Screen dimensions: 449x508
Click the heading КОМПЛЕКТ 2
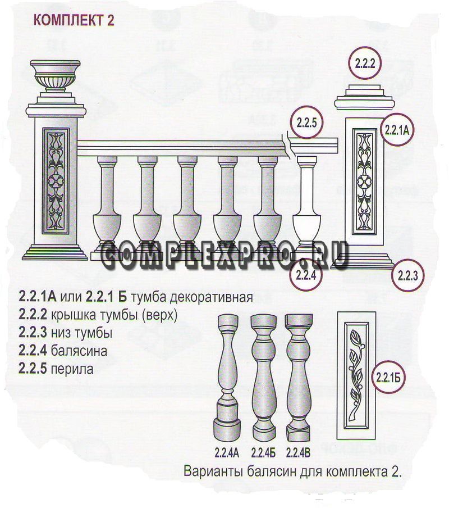tap(74, 20)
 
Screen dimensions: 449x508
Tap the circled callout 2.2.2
tap(365, 63)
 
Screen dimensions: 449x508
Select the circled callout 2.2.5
tap(306, 123)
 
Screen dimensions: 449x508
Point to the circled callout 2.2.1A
tap(397, 130)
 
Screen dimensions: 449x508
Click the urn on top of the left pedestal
tap(56, 75)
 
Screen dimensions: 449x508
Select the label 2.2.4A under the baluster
tap(227, 452)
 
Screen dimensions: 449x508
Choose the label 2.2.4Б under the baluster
tap(263, 452)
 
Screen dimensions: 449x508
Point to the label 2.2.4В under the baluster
tap(298, 452)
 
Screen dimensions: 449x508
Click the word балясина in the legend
tap(79, 351)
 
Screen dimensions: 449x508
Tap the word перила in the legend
tap(72, 369)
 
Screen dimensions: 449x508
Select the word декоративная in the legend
tap(211, 297)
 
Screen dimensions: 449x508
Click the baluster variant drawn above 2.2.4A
tap(228, 377)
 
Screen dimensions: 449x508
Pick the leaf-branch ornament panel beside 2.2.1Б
tap(356, 375)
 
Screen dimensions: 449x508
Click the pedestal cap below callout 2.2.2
tap(364, 97)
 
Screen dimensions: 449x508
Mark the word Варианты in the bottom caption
tap(213, 471)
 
